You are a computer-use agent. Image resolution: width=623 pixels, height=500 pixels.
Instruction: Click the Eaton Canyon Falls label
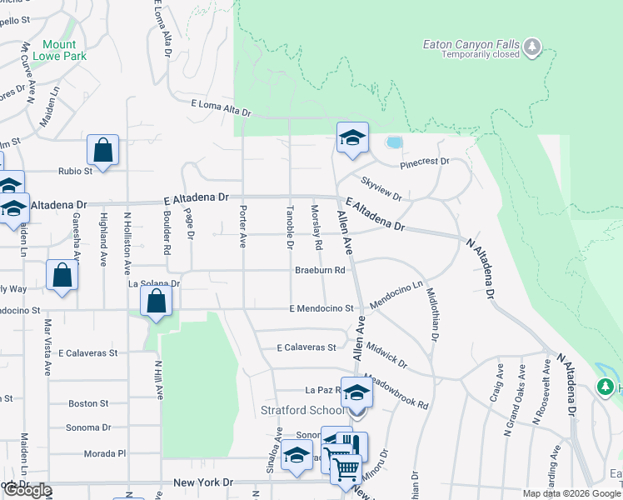(471, 44)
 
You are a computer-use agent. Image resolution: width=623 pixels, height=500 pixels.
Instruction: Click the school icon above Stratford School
(356, 392)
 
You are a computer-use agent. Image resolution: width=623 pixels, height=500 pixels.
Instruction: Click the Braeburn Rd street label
(320, 270)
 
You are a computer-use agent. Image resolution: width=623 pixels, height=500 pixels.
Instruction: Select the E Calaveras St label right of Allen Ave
(307, 347)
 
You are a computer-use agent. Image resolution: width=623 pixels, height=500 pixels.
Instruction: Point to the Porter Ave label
(242, 226)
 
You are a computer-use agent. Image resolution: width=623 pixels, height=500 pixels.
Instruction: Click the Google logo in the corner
(27, 490)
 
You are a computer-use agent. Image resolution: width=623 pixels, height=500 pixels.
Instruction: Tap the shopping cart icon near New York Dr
(346, 467)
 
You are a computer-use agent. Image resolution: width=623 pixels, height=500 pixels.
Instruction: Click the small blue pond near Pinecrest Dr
(394, 142)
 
